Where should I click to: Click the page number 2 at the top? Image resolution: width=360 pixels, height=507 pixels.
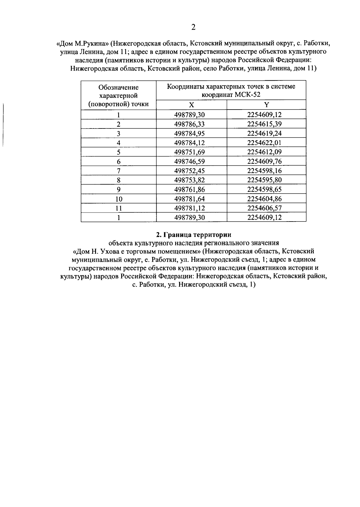coord(193,28)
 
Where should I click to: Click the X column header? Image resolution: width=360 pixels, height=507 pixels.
coord(191,105)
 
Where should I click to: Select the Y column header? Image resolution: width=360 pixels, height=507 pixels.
coord(266,105)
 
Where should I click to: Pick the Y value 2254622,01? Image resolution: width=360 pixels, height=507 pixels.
coord(264,143)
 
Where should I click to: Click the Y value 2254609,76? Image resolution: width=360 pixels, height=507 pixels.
coord(264,161)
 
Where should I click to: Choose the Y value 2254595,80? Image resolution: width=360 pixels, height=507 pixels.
coord(264,180)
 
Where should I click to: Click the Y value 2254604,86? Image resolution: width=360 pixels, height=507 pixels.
coord(264,199)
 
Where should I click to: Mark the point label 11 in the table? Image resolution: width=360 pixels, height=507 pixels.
coord(118,208)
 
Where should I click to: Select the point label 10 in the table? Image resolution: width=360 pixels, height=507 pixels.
coord(118,199)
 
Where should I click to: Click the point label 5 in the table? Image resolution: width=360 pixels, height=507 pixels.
coord(118,152)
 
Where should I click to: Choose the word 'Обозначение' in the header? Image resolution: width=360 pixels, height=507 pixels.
coord(118,88)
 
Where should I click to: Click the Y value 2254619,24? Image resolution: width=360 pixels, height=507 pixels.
coord(264,133)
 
